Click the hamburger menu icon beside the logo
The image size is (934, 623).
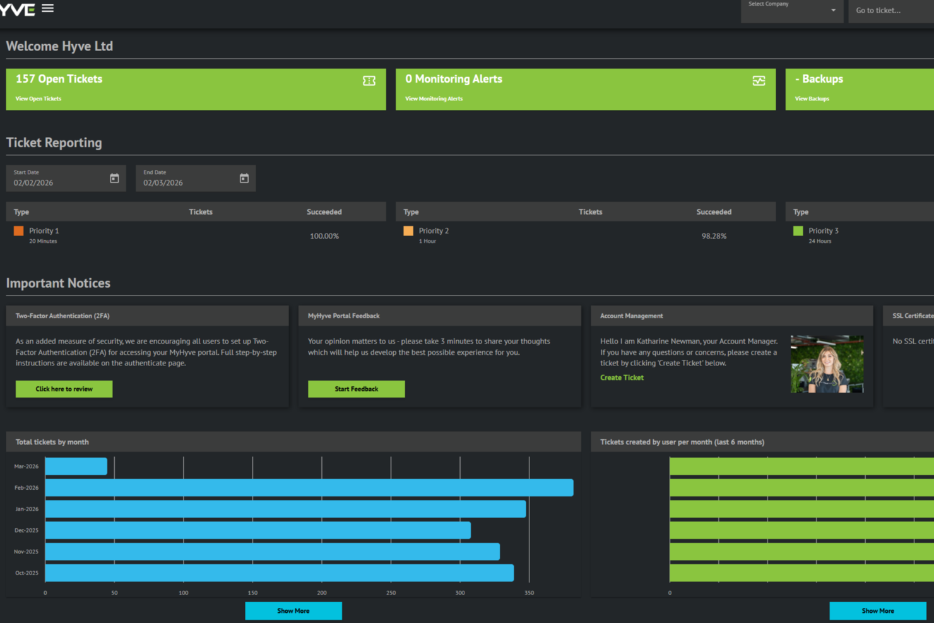click(47, 9)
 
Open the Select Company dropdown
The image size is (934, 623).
click(791, 10)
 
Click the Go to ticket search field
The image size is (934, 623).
click(890, 11)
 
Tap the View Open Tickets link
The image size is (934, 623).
click(38, 99)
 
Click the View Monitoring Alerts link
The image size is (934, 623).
click(434, 99)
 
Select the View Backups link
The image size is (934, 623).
click(812, 99)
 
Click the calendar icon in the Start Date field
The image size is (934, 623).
click(114, 179)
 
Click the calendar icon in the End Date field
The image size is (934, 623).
click(244, 179)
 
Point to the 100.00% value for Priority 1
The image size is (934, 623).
click(324, 236)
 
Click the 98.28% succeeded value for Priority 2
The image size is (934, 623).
click(714, 236)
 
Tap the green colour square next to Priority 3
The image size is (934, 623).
click(798, 231)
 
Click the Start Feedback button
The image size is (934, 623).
click(356, 389)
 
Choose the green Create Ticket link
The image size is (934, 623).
click(622, 377)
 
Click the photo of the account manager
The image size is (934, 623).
click(827, 364)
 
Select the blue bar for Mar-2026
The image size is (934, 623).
click(76, 466)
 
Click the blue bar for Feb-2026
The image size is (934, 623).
click(309, 488)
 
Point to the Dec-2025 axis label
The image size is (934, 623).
click(27, 530)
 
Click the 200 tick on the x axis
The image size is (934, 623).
click(322, 593)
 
